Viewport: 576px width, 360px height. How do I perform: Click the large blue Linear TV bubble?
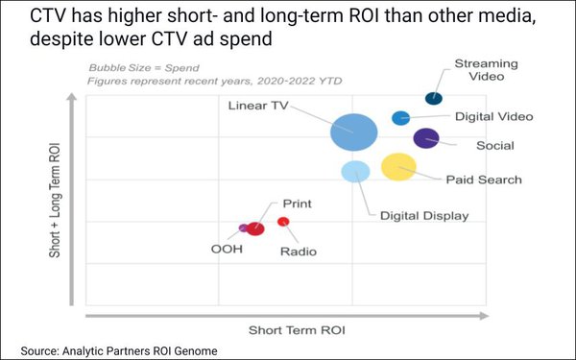click(x=353, y=132)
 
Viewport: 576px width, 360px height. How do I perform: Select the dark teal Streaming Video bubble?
click(x=434, y=98)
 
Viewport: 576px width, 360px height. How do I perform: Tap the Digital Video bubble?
click(x=401, y=118)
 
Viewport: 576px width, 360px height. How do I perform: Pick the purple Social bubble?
click(x=426, y=138)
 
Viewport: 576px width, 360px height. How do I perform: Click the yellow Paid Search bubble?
click(x=398, y=167)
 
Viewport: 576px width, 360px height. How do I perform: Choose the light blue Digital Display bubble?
click(x=355, y=172)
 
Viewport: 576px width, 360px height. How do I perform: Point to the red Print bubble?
click(x=255, y=228)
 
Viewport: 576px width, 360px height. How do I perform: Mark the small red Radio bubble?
click(x=283, y=222)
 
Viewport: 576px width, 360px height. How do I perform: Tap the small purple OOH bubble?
click(x=243, y=228)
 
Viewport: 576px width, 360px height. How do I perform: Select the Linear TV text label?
click(x=258, y=105)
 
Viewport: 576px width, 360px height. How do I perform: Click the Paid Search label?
click(x=483, y=180)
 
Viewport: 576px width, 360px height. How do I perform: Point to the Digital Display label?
click(x=424, y=216)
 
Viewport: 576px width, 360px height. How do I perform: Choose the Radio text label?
click(x=298, y=252)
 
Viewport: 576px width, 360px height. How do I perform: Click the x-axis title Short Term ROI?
click(x=297, y=329)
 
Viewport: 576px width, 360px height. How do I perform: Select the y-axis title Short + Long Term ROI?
click(x=57, y=203)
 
